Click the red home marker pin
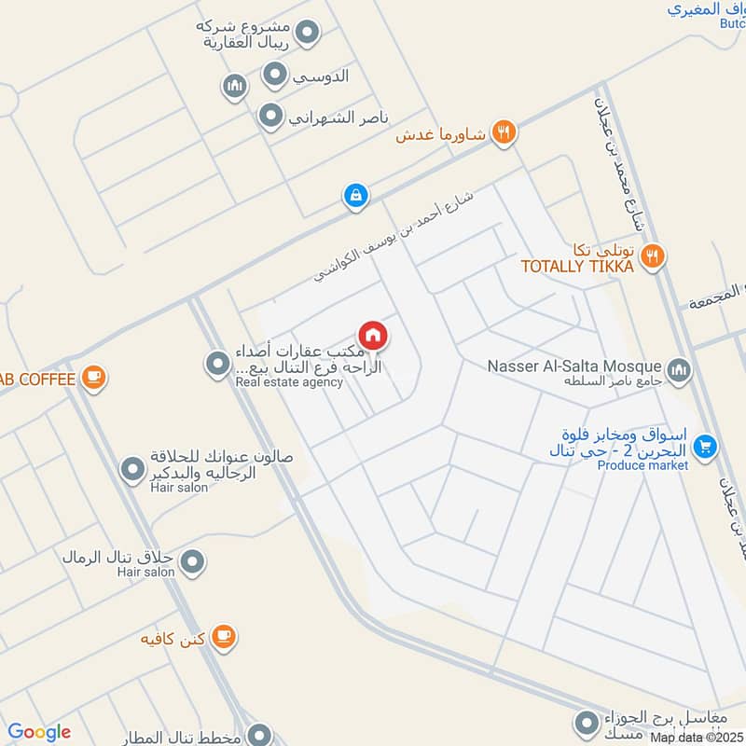[372, 335]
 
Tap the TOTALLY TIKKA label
[577, 267]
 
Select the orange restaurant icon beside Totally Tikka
[654, 253]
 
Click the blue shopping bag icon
[354, 196]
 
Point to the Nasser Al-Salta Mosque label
[574, 366]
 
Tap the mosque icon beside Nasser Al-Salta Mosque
[679, 370]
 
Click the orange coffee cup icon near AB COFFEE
[92, 378]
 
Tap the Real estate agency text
[289, 382]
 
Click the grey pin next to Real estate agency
[217, 363]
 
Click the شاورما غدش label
[440, 134]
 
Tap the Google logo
[39, 732]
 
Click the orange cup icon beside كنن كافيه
[222, 637]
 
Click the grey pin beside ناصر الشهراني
[270, 117]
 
